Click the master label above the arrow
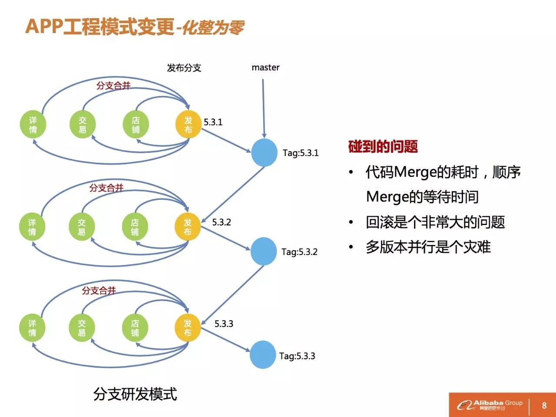(265, 67)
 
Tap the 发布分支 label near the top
(184, 68)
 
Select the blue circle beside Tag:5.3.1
(264, 152)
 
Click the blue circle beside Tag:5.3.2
(264, 251)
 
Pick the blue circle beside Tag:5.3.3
(263, 354)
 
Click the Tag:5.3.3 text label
(297, 356)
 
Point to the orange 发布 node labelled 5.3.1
(188, 124)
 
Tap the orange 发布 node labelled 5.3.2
(187, 227)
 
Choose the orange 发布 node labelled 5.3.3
(187, 328)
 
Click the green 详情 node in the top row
(33, 124)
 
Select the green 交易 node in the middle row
(82, 227)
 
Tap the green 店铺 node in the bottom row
(135, 328)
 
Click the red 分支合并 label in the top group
(113, 86)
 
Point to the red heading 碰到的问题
(383, 146)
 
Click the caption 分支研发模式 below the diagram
(135, 394)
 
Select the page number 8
(544, 405)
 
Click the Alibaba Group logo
(490, 405)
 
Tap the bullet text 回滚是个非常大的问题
(435, 222)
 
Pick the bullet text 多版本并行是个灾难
(428, 247)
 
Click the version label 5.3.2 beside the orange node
(222, 222)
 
